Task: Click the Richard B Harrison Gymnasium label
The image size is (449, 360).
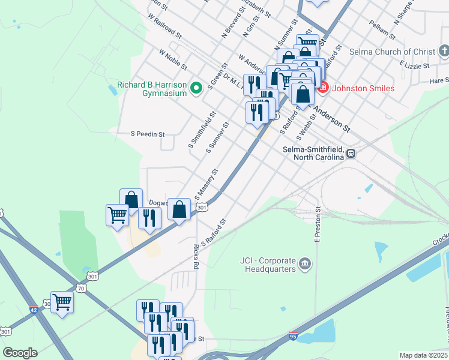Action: point(152,89)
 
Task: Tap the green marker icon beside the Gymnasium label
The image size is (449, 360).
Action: point(196,89)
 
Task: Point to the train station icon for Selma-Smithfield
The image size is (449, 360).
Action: point(351,154)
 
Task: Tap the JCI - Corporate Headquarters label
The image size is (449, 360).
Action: point(268,265)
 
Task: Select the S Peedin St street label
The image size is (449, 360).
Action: point(148,134)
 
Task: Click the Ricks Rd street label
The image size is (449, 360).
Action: point(196,256)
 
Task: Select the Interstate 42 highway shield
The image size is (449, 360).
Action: point(34,310)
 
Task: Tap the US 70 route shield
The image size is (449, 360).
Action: point(81,289)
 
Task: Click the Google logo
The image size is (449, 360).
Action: point(20,353)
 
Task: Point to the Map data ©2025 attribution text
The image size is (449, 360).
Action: point(424,355)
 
